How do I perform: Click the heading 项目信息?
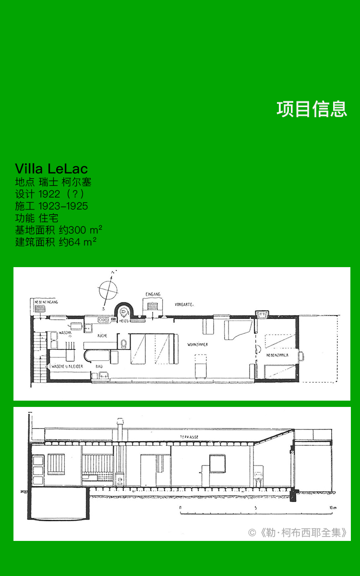tap(312, 109)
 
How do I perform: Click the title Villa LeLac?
tap(51, 169)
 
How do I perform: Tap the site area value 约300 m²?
tap(80, 230)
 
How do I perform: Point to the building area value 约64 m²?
tap(77, 242)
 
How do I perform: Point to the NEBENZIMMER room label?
tap(277, 355)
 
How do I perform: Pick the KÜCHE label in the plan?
tap(102, 335)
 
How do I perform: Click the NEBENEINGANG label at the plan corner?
tap(46, 302)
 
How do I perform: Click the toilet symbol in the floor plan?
tap(123, 344)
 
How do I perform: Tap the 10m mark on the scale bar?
tap(333, 508)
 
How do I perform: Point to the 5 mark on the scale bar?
tap(256, 508)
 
